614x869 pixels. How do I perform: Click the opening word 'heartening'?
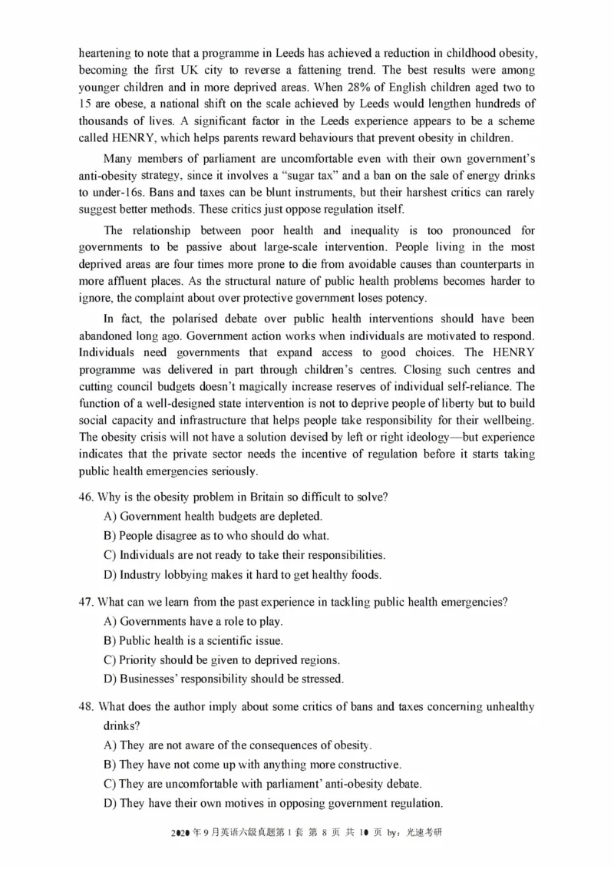[x=104, y=54]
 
